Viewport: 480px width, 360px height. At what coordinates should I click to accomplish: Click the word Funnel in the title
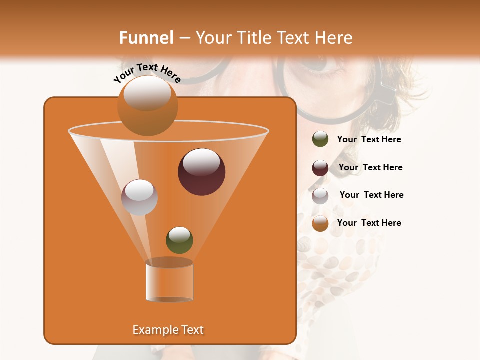pyautogui.click(x=146, y=38)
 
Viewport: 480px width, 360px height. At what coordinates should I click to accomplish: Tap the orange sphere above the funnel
pyautogui.click(x=147, y=105)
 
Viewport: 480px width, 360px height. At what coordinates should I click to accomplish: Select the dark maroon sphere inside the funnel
pyautogui.click(x=201, y=172)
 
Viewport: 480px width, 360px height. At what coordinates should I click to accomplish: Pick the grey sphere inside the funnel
pyautogui.click(x=139, y=197)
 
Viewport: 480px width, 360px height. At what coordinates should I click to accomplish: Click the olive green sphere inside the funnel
pyautogui.click(x=179, y=240)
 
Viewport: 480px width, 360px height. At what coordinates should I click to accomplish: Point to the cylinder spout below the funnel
pyautogui.click(x=169, y=282)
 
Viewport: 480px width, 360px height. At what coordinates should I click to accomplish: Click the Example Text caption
pyautogui.click(x=168, y=330)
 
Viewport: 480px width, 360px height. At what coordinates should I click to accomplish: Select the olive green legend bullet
pyautogui.click(x=320, y=139)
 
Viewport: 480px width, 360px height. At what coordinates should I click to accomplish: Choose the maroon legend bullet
pyautogui.click(x=320, y=168)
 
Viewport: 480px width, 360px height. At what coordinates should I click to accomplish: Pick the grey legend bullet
pyautogui.click(x=320, y=196)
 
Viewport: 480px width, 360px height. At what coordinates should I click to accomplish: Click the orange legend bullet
pyautogui.click(x=320, y=223)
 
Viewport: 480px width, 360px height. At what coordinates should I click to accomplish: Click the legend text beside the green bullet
pyautogui.click(x=369, y=140)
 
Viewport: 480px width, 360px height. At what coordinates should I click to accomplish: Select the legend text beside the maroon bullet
pyautogui.click(x=370, y=167)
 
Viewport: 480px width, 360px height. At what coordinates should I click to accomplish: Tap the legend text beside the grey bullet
pyautogui.click(x=371, y=195)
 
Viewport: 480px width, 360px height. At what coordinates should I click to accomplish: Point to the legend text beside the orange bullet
pyautogui.click(x=369, y=223)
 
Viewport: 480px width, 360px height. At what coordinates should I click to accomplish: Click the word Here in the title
pyautogui.click(x=334, y=38)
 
